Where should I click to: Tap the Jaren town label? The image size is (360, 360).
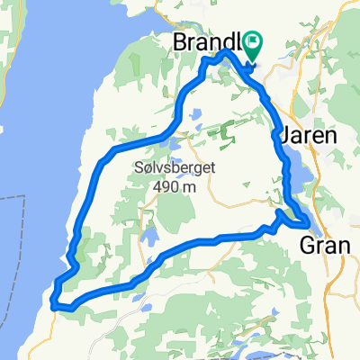308,135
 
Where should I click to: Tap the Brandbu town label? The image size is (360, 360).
209,42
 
